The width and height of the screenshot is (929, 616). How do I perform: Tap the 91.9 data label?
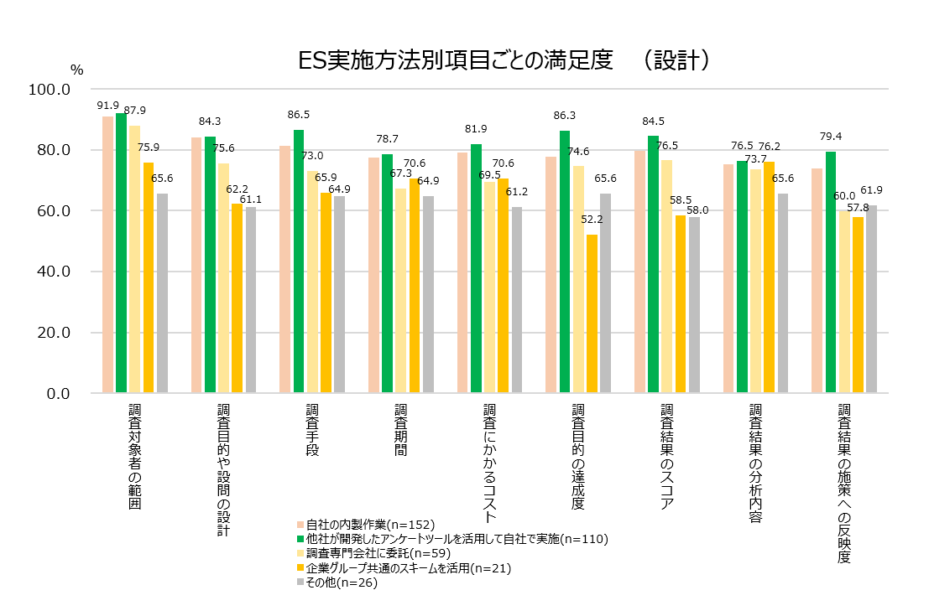pyautogui.click(x=107, y=106)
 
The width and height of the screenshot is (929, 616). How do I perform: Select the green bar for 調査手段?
pyautogui.click(x=299, y=261)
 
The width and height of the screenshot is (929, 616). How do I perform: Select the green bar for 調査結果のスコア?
pyautogui.click(x=654, y=264)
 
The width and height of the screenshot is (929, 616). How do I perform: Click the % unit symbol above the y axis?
pyautogui.click(x=76, y=70)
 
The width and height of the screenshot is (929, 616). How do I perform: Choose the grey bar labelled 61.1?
pyautogui.click(x=251, y=300)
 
